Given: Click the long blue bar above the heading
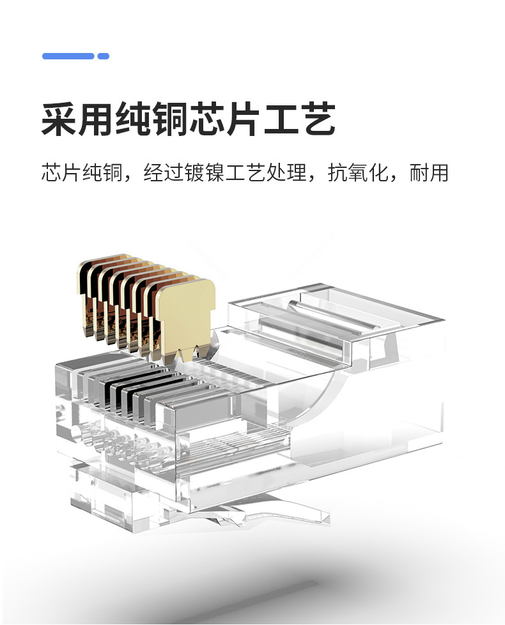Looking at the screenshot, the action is click(68, 56).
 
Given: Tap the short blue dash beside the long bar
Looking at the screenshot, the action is click(104, 56).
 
